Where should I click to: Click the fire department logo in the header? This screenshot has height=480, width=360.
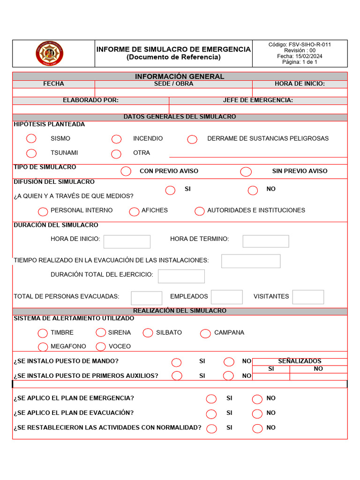click(x=50, y=53)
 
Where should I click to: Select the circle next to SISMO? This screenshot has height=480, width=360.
click(x=31, y=138)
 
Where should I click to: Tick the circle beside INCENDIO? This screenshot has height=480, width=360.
click(x=117, y=139)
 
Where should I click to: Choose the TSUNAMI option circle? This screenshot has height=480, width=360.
click(x=31, y=153)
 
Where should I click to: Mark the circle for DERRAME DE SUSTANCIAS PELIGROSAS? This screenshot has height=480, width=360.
click(x=192, y=139)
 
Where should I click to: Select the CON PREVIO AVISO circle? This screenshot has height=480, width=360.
click(x=126, y=171)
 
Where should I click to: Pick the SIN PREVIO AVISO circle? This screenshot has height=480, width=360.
click(x=246, y=172)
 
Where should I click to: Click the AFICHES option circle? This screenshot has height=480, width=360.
click(x=135, y=211)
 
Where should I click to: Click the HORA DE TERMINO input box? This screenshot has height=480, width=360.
click(x=266, y=241)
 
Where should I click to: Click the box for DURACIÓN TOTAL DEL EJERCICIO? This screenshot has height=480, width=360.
click(x=181, y=276)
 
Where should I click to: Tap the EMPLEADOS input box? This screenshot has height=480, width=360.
click(x=227, y=297)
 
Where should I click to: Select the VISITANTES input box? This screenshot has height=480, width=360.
click(x=308, y=297)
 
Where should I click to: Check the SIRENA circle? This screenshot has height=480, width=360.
click(x=101, y=332)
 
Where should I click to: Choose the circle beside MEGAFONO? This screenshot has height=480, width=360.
click(x=43, y=347)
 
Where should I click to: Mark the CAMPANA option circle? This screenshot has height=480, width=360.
click(x=205, y=333)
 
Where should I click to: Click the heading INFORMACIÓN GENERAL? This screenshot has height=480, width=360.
click(x=180, y=76)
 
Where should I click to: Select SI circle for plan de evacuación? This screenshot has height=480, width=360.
click(x=211, y=413)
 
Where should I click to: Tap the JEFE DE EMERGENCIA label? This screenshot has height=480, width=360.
click(x=258, y=100)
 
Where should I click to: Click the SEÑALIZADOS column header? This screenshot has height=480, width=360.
click(x=300, y=361)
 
